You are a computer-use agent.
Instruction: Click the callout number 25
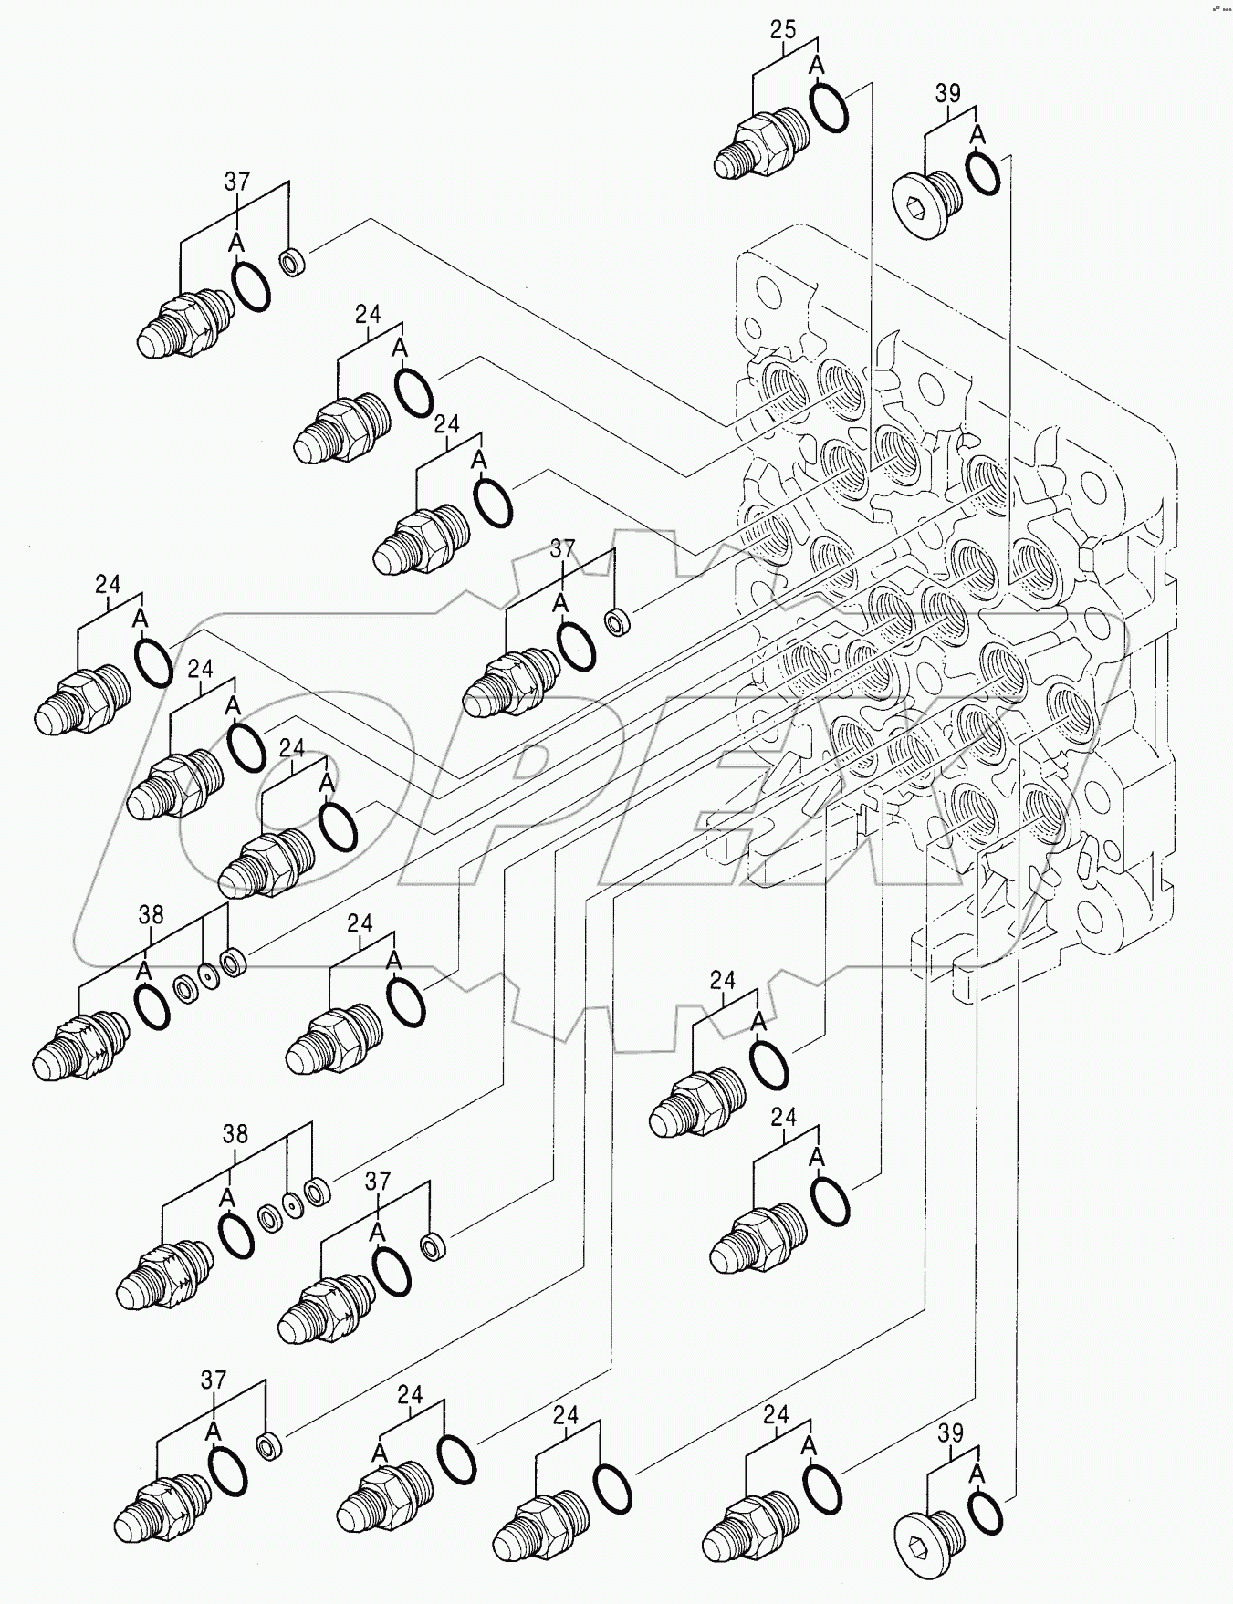tap(782, 30)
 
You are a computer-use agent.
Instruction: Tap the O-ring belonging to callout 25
tap(829, 105)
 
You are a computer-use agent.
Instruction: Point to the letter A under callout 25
tap(817, 66)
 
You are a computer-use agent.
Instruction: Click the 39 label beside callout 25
tap(948, 93)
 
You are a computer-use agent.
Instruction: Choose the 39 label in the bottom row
tap(950, 1433)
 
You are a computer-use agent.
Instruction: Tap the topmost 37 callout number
tap(236, 182)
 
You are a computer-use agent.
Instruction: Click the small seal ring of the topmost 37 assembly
tap(293, 265)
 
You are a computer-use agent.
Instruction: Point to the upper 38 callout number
tap(151, 914)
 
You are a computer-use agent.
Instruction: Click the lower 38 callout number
tap(235, 1134)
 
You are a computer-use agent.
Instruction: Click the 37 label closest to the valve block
tap(562, 548)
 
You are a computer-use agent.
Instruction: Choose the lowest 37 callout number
tap(213, 1380)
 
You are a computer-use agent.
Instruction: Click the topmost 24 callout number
tap(368, 315)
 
